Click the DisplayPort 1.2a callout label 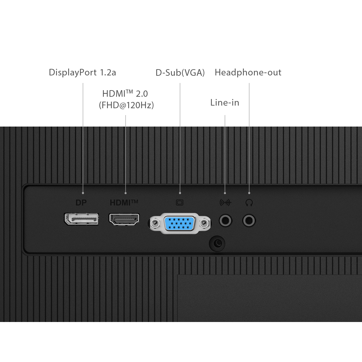pos(82,72)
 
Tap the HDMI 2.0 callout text pos(125,94)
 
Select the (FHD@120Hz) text pos(126,105)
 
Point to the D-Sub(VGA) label pos(180,72)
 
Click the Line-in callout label pos(225,103)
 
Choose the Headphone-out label pos(248,72)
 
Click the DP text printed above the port pos(81,203)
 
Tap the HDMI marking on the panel pos(124,203)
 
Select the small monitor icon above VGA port pos(180,203)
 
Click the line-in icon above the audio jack pos(225,203)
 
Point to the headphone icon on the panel pos(249,203)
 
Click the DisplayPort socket pos(82,219)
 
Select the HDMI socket pos(124,219)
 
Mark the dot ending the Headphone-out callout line pos(249,193)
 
